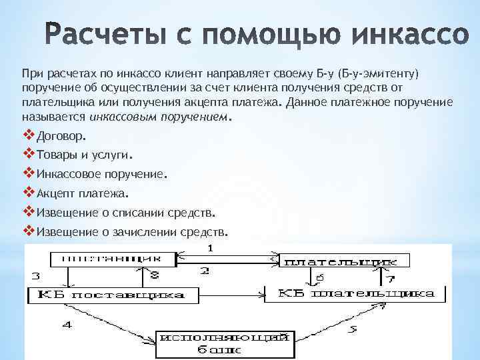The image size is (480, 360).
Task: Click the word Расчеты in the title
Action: (x=92, y=31)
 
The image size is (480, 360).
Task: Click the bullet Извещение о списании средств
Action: (x=125, y=213)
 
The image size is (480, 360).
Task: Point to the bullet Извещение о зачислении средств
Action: (x=131, y=233)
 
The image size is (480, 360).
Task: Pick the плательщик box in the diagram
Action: (x=334, y=261)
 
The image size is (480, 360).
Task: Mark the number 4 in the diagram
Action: (x=65, y=325)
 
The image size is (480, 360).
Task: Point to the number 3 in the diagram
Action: (x=35, y=275)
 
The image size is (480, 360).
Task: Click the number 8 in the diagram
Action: (x=154, y=274)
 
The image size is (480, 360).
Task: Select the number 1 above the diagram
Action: (x=210, y=247)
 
